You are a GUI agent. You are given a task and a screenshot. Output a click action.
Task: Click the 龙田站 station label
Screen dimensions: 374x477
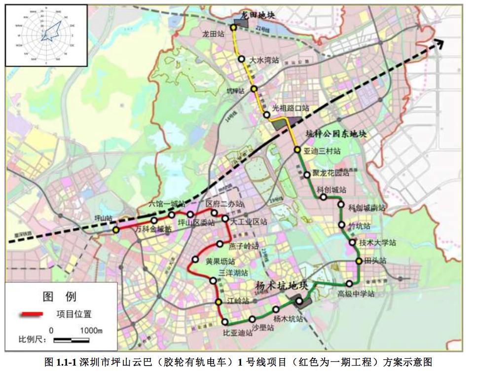(213, 35)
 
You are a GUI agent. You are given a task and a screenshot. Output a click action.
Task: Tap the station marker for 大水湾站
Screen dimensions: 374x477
(242, 59)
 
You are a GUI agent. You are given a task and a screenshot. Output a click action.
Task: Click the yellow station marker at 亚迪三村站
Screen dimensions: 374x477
(297, 150)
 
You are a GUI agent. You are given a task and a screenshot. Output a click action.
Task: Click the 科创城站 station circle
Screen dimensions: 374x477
(323, 197)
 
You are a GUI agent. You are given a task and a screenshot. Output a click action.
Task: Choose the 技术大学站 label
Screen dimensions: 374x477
(378, 243)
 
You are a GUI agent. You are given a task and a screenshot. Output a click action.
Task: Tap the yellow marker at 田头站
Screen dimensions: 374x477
(360, 261)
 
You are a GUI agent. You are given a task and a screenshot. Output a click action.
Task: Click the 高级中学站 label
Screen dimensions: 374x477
(356, 294)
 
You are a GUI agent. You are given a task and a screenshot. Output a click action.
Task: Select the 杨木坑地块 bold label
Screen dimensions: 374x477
(281, 286)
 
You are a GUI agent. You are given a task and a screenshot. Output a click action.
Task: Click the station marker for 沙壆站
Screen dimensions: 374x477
(253, 319)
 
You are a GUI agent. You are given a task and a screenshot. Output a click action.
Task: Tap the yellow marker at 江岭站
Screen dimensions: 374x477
(218, 302)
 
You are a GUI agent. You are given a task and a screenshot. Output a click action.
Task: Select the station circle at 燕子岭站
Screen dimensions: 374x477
(220, 244)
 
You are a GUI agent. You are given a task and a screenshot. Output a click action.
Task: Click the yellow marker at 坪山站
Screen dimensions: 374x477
(115, 230)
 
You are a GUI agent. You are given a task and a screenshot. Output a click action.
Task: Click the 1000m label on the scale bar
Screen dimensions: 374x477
(91, 331)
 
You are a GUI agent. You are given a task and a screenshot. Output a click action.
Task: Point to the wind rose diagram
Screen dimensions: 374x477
(46, 35)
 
